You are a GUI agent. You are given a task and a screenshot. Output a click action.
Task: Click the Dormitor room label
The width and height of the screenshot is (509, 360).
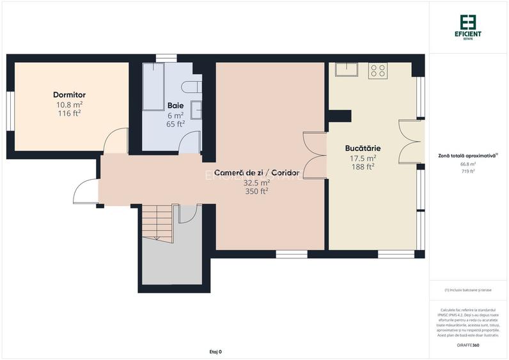pos(69,95)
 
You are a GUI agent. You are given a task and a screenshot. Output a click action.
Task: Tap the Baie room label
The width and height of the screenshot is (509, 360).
pos(175,105)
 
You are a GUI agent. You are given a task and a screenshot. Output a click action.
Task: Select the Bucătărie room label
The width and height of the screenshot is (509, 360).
pos(362,148)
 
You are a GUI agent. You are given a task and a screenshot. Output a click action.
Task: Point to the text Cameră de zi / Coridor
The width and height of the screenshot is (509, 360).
pos(256,173)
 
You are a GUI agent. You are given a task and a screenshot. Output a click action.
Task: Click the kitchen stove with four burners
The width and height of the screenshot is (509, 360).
pos(377,70)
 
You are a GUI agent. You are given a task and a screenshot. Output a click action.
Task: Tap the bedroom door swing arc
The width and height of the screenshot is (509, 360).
pos(115,140)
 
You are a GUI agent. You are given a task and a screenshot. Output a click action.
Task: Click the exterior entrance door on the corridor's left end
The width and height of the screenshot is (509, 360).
pos(86,191)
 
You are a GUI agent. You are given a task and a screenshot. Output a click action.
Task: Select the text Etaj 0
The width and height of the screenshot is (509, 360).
pos(215,352)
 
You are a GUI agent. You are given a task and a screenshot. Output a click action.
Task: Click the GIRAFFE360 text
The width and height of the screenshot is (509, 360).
pos(469,345)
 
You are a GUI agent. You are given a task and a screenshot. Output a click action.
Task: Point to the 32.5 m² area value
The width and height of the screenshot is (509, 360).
pos(256,182)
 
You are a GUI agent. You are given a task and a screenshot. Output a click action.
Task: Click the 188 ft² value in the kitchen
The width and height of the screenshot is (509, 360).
pos(362,167)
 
